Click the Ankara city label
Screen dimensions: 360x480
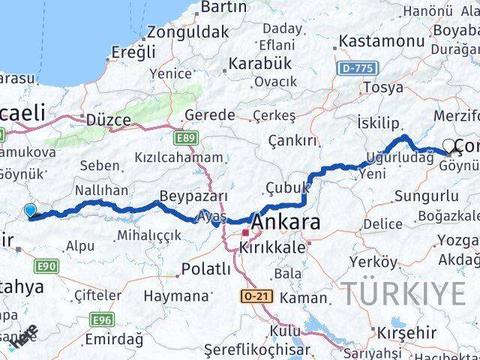click(286, 223)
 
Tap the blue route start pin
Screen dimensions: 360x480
click(30, 211)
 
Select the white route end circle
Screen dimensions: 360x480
click(449, 145)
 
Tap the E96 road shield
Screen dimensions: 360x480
click(102, 320)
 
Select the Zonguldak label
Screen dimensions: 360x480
click(187, 32)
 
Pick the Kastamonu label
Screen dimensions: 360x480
click(381, 41)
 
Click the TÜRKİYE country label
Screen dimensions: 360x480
click(404, 293)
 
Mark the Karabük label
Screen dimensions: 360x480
click(259, 62)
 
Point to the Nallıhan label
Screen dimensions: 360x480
click(101, 190)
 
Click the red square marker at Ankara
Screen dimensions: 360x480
click(245, 233)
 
